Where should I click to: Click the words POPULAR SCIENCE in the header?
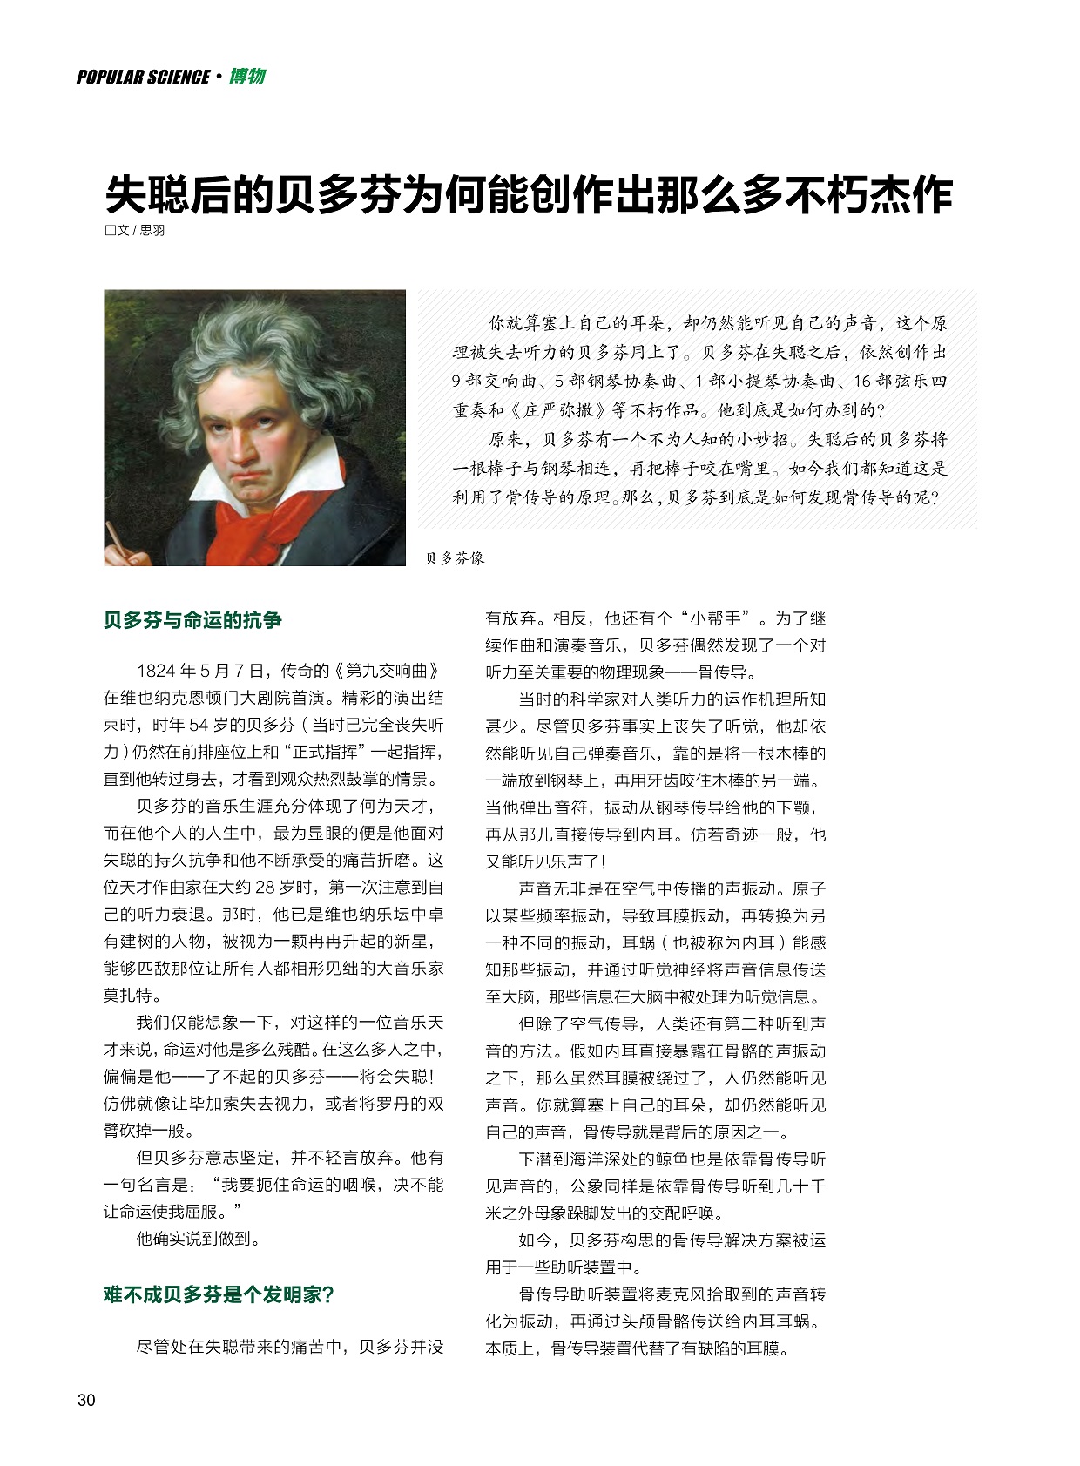click(x=143, y=78)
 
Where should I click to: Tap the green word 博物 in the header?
click(x=247, y=77)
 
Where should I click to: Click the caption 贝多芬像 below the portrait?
click(x=454, y=558)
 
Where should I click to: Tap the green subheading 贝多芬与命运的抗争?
click(x=192, y=620)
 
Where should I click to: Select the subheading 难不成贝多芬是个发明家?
click(x=219, y=1294)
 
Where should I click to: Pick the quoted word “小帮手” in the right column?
click(x=715, y=618)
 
